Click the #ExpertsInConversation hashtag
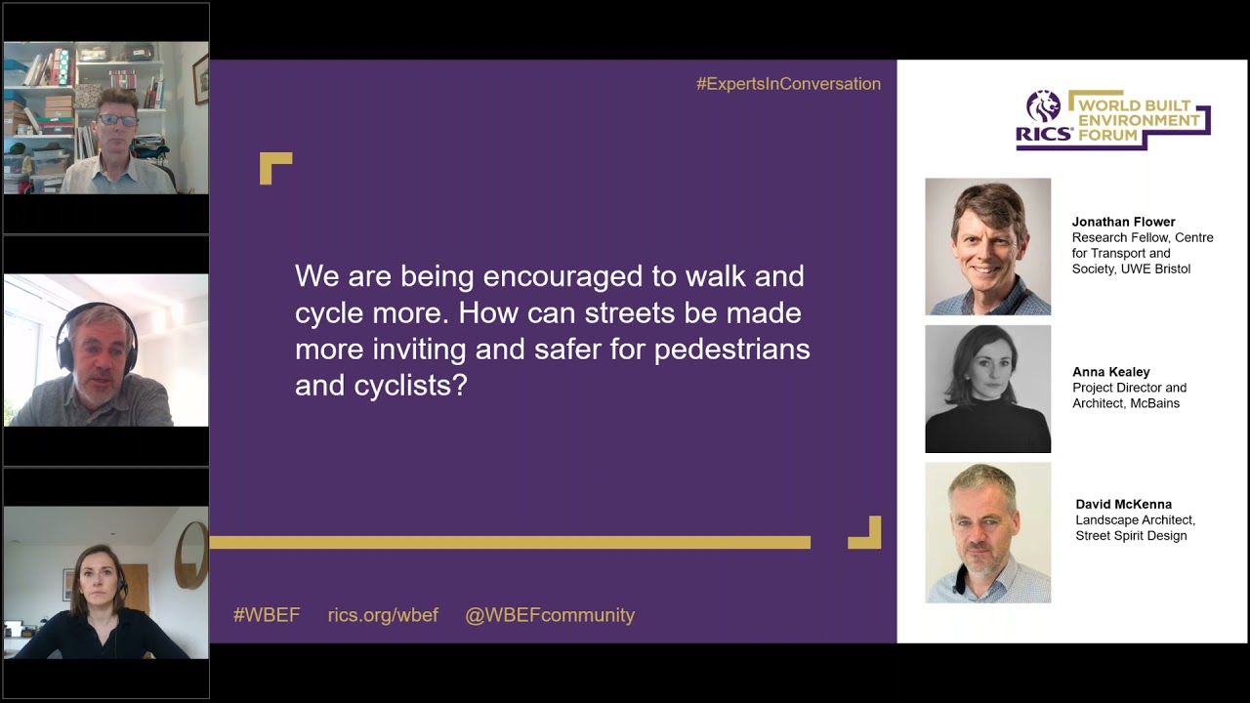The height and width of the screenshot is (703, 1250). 788,84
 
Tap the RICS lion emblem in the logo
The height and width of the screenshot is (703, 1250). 1044,106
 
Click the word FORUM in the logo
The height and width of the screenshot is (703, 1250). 1107,135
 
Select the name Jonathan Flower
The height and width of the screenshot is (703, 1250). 1123,222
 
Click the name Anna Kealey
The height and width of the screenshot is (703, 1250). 1111,372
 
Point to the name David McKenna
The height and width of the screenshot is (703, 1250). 1123,504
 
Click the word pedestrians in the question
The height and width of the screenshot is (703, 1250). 731,351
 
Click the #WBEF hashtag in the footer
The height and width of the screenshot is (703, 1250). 267,615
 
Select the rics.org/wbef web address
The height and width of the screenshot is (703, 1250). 383,615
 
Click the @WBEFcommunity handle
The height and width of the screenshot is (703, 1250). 550,615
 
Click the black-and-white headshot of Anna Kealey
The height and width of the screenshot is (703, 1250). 987,389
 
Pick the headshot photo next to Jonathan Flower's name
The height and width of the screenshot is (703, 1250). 987,247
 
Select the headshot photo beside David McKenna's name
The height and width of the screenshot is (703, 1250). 987,532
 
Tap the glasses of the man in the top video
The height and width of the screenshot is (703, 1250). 117,120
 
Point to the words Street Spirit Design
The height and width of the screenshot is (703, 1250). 1131,536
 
